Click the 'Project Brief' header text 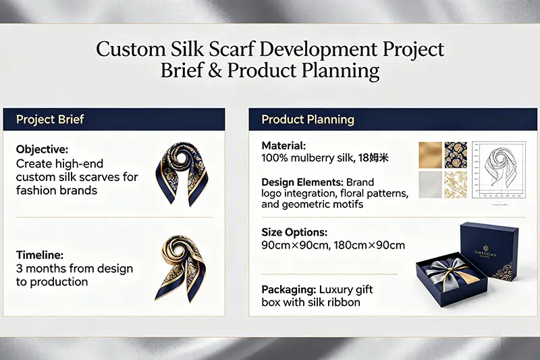(49, 120)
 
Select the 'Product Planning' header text (307, 120)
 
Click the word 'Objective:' (43, 149)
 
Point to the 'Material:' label (283, 145)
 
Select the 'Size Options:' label (294, 232)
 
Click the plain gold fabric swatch (430, 154)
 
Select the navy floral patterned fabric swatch (456, 154)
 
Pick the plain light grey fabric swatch (430, 184)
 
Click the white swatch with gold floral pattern (456, 184)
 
